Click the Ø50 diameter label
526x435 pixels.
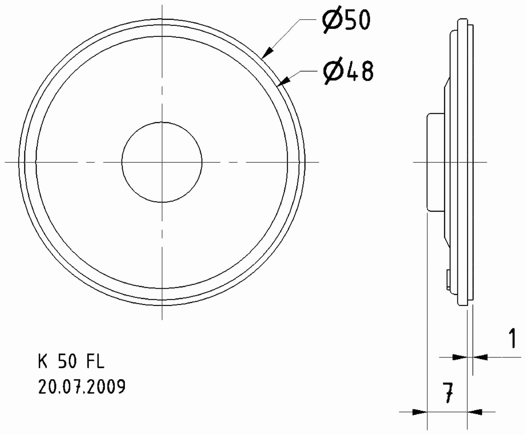pos(346,20)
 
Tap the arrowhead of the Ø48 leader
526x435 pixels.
pos(284,81)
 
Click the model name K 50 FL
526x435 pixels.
pos(71,362)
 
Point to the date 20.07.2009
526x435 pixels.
pos(82,386)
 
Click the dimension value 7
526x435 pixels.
pos(447,393)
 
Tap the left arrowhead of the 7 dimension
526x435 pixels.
pos(420,412)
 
